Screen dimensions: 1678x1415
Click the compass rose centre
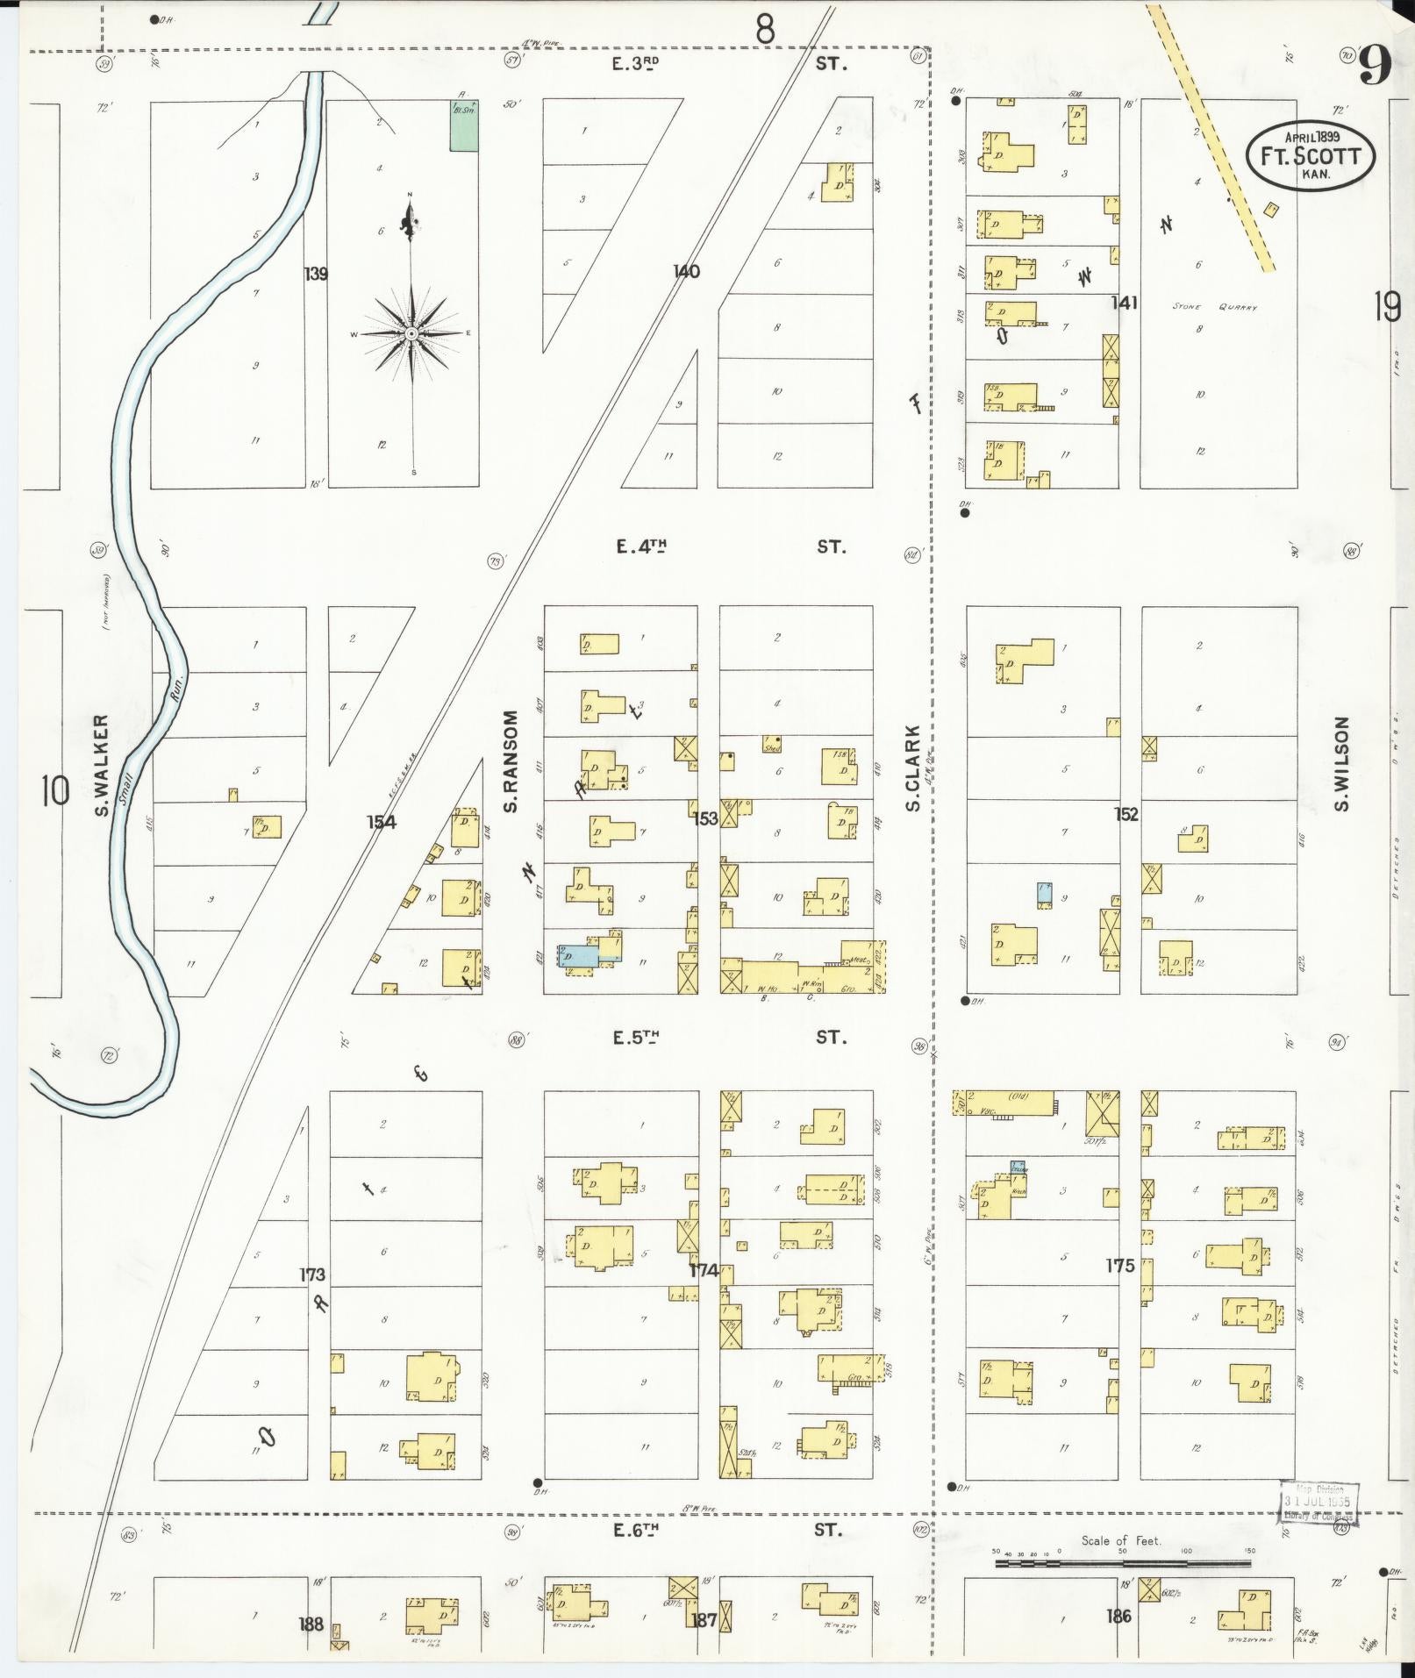coord(411,334)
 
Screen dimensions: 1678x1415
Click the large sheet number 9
coord(1376,66)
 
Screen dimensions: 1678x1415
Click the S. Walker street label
coord(102,765)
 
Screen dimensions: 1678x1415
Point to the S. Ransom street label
coord(511,760)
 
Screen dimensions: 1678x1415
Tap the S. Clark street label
coord(911,768)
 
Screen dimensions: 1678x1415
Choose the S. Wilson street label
coord(1341,764)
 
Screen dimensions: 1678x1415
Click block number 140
coord(686,272)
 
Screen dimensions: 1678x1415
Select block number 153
coord(705,818)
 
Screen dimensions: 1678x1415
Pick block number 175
coord(1120,1266)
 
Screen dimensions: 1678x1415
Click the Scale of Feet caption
coord(1120,1540)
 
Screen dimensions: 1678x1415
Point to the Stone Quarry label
coord(1214,308)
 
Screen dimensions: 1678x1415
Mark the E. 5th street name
coord(637,1038)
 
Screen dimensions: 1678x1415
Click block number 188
coord(311,1624)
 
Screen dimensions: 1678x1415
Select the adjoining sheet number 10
coord(54,791)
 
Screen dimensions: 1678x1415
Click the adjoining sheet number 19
coord(1388,308)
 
